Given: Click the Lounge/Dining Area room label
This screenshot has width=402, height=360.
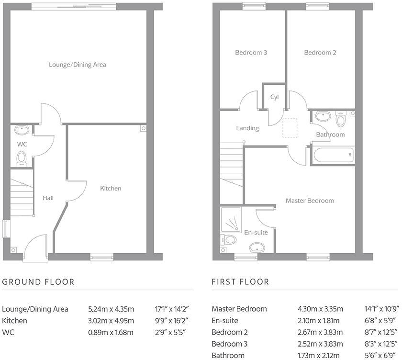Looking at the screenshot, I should point(77,65).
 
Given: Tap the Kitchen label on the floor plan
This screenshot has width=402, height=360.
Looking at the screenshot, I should point(111,189).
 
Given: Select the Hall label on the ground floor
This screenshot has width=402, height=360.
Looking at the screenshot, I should point(48,198).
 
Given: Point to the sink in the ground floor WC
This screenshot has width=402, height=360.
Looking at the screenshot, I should point(22,130).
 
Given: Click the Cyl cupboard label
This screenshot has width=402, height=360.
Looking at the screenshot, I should point(274,97).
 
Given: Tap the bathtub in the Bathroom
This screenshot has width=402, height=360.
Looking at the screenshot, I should point(332,155).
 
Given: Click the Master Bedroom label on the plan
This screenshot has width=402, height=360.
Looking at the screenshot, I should point(310,201).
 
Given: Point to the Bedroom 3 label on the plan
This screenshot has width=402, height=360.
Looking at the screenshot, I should point(251,53).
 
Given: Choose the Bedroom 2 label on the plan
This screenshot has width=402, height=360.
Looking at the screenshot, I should point(320,53).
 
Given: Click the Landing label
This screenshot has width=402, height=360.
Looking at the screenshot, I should point(247,128).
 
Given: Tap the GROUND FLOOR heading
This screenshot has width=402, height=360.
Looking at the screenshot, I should point(38,282).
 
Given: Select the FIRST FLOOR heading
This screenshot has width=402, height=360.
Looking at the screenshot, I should point(240,282).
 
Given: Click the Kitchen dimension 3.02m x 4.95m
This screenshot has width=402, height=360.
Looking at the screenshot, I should point(111,321).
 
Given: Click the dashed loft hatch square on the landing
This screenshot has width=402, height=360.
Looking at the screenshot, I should point(290,128).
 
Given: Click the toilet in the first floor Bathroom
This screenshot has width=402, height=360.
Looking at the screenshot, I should point(340,119).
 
